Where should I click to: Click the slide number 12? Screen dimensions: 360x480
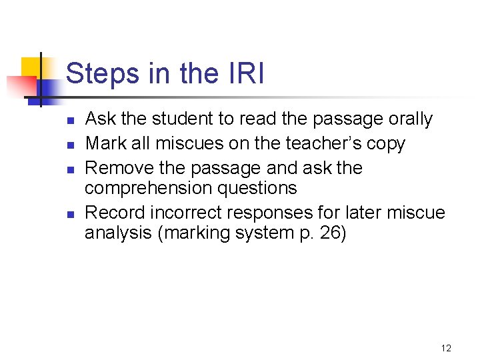[446, 348]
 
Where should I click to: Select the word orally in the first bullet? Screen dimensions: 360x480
[407, 119]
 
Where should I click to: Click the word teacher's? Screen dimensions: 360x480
[321, 143]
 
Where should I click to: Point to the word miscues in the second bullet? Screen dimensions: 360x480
[190, 143]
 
